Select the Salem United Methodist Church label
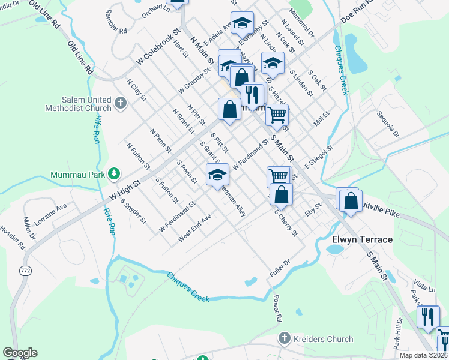point(78,104)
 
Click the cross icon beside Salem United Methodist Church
point(121,104)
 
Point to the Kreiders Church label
point(323,339)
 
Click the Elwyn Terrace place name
point(362,239)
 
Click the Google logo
point(20,353)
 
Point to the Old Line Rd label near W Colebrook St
point(80,58)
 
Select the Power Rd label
point(277,307)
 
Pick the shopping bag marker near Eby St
point(351,202)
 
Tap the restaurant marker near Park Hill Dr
point(427,316)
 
